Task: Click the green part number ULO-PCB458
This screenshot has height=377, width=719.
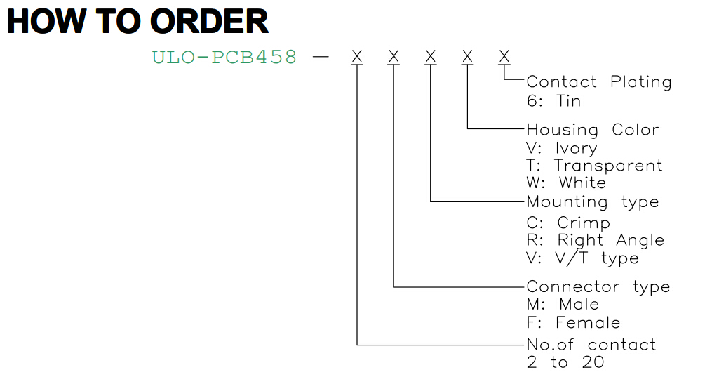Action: [224, 58]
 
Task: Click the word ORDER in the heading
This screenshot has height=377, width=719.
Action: [209, 21]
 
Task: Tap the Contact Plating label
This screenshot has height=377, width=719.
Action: [599, 81]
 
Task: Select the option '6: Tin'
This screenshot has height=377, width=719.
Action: [553, 100]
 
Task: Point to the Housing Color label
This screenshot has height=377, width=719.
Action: [593, 129]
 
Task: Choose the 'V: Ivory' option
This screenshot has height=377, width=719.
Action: [562, 148]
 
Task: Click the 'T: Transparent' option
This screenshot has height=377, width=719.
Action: [594, 165]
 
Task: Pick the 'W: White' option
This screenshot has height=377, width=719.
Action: [566, 183]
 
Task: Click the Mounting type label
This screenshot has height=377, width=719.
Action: [593, 202]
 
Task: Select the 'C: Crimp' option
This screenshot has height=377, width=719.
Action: [568, 223]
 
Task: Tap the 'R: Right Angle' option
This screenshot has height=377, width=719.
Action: [596, 240]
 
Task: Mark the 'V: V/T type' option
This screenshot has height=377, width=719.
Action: [582, 258]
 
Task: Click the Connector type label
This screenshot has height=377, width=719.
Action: [598, 287]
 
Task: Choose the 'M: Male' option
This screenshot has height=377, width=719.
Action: [563, 304]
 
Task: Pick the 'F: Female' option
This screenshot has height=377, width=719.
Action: [573, 322]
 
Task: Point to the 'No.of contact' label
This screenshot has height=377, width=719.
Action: [591, 345]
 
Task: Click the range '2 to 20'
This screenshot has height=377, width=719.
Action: [565, 362]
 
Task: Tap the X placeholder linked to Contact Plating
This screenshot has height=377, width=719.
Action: [504, 56]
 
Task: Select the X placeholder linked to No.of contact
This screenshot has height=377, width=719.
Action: [357, 56]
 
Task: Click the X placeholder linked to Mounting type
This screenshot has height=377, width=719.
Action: [430, 56]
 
